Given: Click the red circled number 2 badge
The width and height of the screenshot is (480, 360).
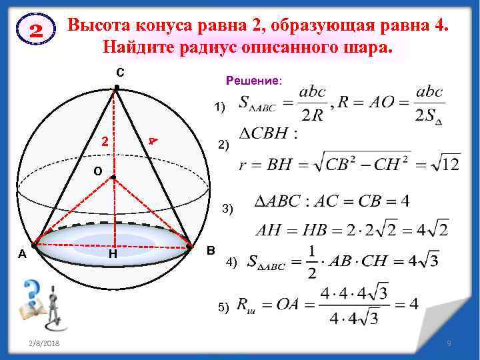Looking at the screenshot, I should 37,31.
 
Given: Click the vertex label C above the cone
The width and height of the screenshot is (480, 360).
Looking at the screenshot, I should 118,71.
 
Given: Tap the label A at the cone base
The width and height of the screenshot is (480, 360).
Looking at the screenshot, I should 22,253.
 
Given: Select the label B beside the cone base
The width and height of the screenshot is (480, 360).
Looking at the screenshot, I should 211,251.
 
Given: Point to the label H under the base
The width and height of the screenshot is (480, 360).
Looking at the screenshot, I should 113,254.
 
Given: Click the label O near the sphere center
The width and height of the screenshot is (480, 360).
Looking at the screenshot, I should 97,171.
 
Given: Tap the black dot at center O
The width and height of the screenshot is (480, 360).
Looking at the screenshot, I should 113,177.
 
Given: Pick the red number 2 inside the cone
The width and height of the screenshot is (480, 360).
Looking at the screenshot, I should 104,141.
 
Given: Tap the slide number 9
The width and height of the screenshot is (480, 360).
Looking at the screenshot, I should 449,343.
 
